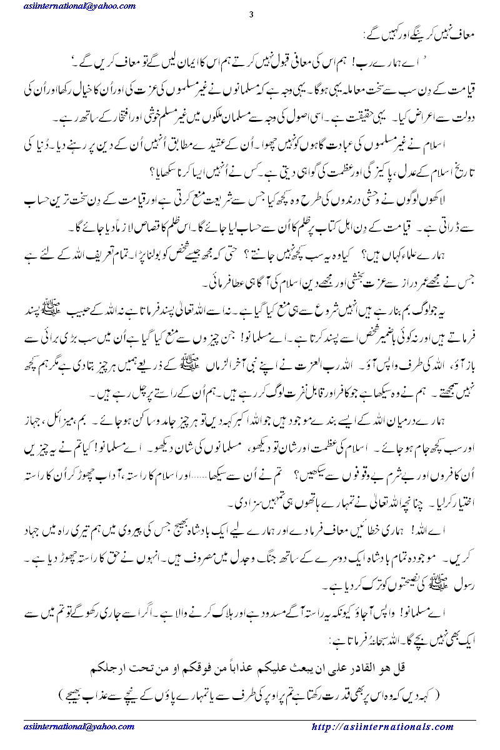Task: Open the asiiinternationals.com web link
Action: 382,727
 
